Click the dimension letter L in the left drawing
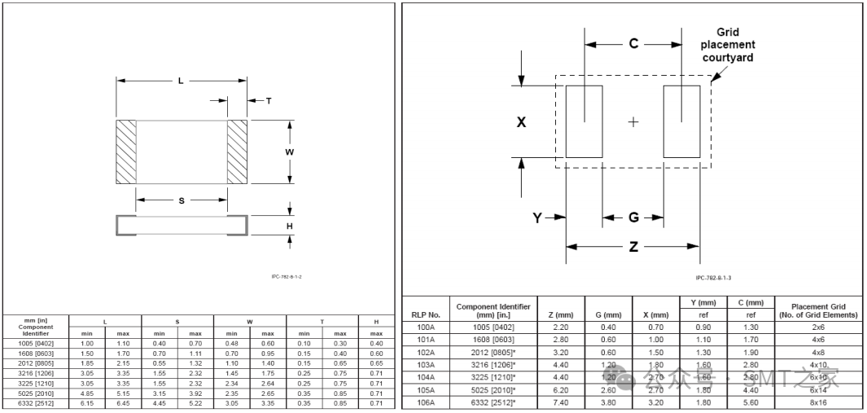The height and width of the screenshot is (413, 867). tap(180, 80)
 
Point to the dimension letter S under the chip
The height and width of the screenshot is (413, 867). tap(181, 200)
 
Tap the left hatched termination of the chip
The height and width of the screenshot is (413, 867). tap(126, 152)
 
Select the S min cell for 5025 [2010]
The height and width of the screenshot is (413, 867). tap(160, 392)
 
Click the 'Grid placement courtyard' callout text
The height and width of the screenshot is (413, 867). tap(727, 45)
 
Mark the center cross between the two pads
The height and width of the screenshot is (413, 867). tap(633, 122)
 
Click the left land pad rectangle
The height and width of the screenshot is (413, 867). tap(584, 121)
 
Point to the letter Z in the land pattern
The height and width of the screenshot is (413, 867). tap(633, 247)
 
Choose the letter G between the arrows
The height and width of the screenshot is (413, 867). tap(633, 217)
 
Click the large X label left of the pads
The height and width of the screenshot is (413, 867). tap(521, 122)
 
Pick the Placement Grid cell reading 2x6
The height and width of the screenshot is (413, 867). tap(817, 327)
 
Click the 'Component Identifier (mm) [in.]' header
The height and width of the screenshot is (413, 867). tap(493, 310)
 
